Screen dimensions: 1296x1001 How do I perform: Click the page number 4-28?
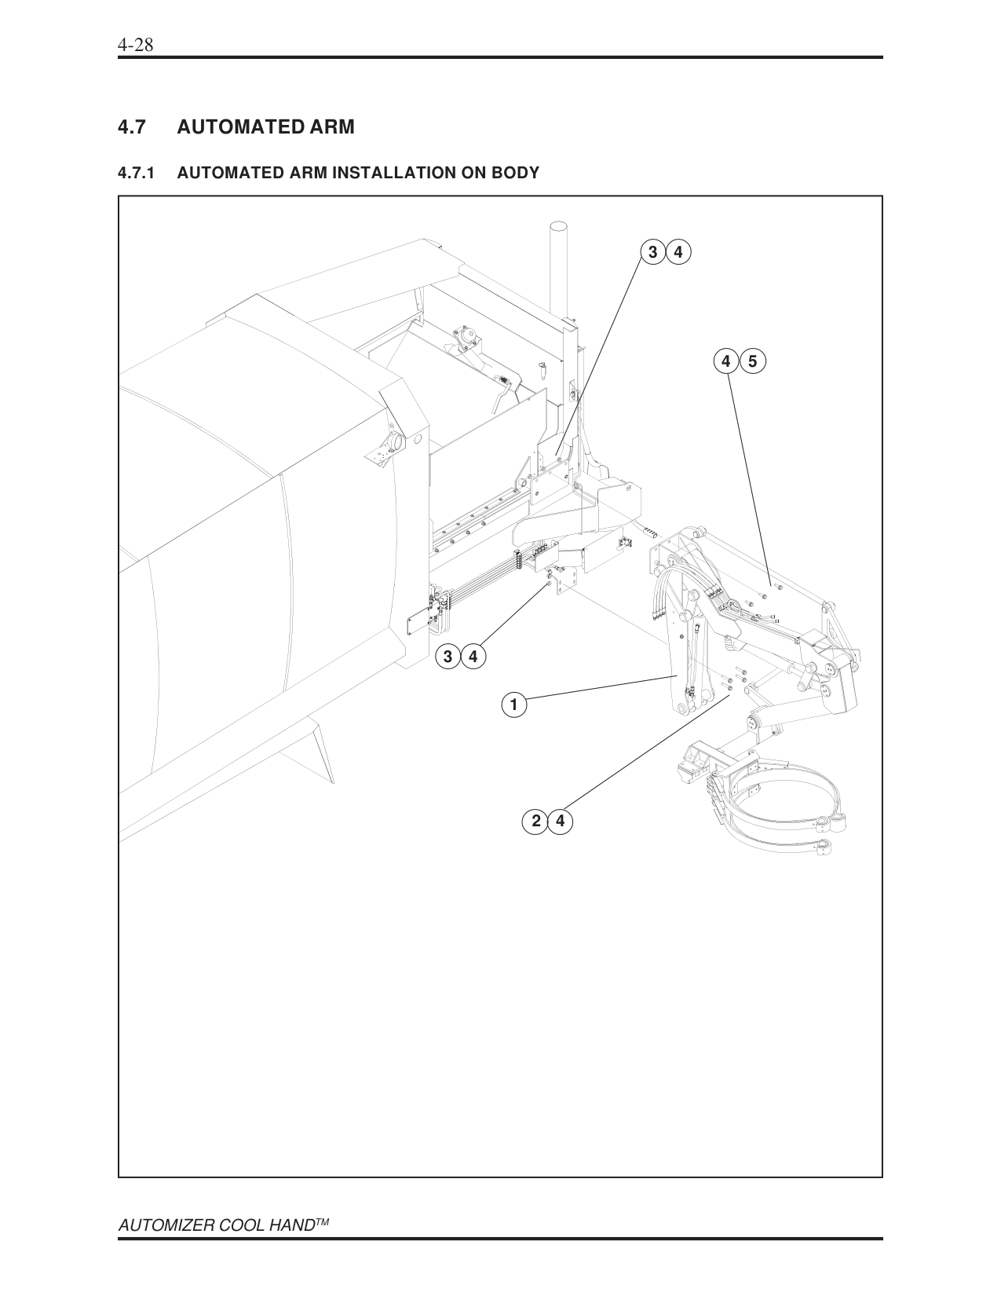click(135, 46)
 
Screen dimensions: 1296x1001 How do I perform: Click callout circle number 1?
click(513, 705)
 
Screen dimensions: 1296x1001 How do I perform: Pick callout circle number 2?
click(535, 822)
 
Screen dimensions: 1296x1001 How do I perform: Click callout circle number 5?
click(752, 361)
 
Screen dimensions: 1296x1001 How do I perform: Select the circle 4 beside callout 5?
click(727, 361)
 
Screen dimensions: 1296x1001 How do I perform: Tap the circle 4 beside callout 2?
click(560, 822)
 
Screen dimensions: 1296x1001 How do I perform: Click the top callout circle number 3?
click(652, 252)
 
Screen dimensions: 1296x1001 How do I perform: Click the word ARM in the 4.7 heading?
click(331, 126)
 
